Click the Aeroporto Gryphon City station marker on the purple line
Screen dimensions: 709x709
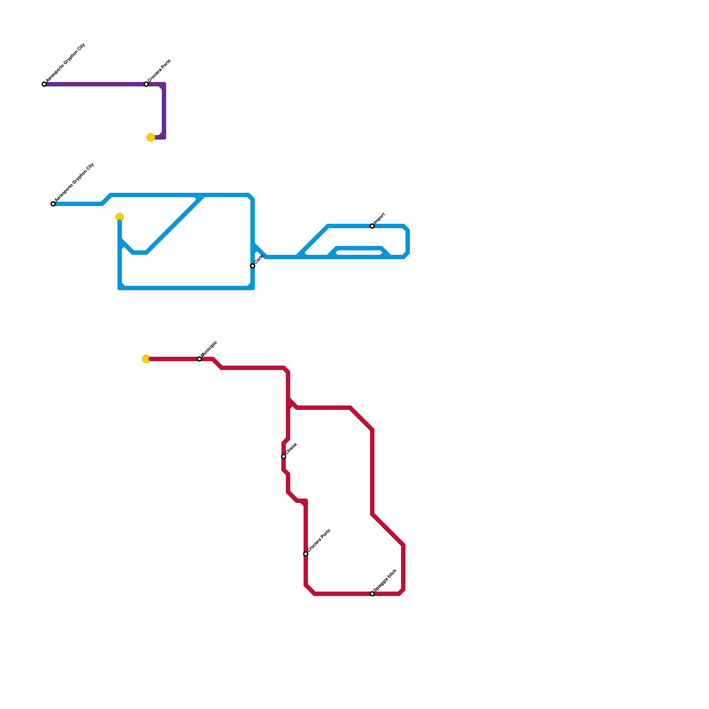click(x=44, y=84)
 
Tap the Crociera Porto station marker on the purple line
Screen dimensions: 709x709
click(x=146, y=84)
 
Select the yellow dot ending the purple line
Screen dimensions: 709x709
click(x=151, y=137)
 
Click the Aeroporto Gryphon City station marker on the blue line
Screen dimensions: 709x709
click(x=53, y=204)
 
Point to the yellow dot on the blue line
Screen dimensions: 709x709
click(x=120, y=217)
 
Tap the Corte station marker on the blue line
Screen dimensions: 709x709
click(x=253, y=266)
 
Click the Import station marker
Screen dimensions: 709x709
click(x=372, y=226)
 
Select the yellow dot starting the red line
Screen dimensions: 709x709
click(x=146, y=359)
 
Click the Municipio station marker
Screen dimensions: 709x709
click(x=199, y=359)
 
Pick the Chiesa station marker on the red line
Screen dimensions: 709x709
click(x=284, y=456)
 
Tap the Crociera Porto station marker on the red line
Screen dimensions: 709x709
click(x=306, y=554)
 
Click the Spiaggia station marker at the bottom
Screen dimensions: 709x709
click(x=372, y=594)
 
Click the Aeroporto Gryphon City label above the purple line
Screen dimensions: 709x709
click(x=66, y=64)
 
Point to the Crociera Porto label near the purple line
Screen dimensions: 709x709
click(x=159, y=70)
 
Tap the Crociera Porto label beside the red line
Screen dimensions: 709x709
click(x=319, y=540)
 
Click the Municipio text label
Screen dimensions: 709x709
click(x=209, y=349)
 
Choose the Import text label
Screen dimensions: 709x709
click(x=379, y=218)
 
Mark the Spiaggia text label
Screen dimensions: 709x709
click(x=385, y=580)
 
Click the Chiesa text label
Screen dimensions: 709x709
click(x=291, y=448)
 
